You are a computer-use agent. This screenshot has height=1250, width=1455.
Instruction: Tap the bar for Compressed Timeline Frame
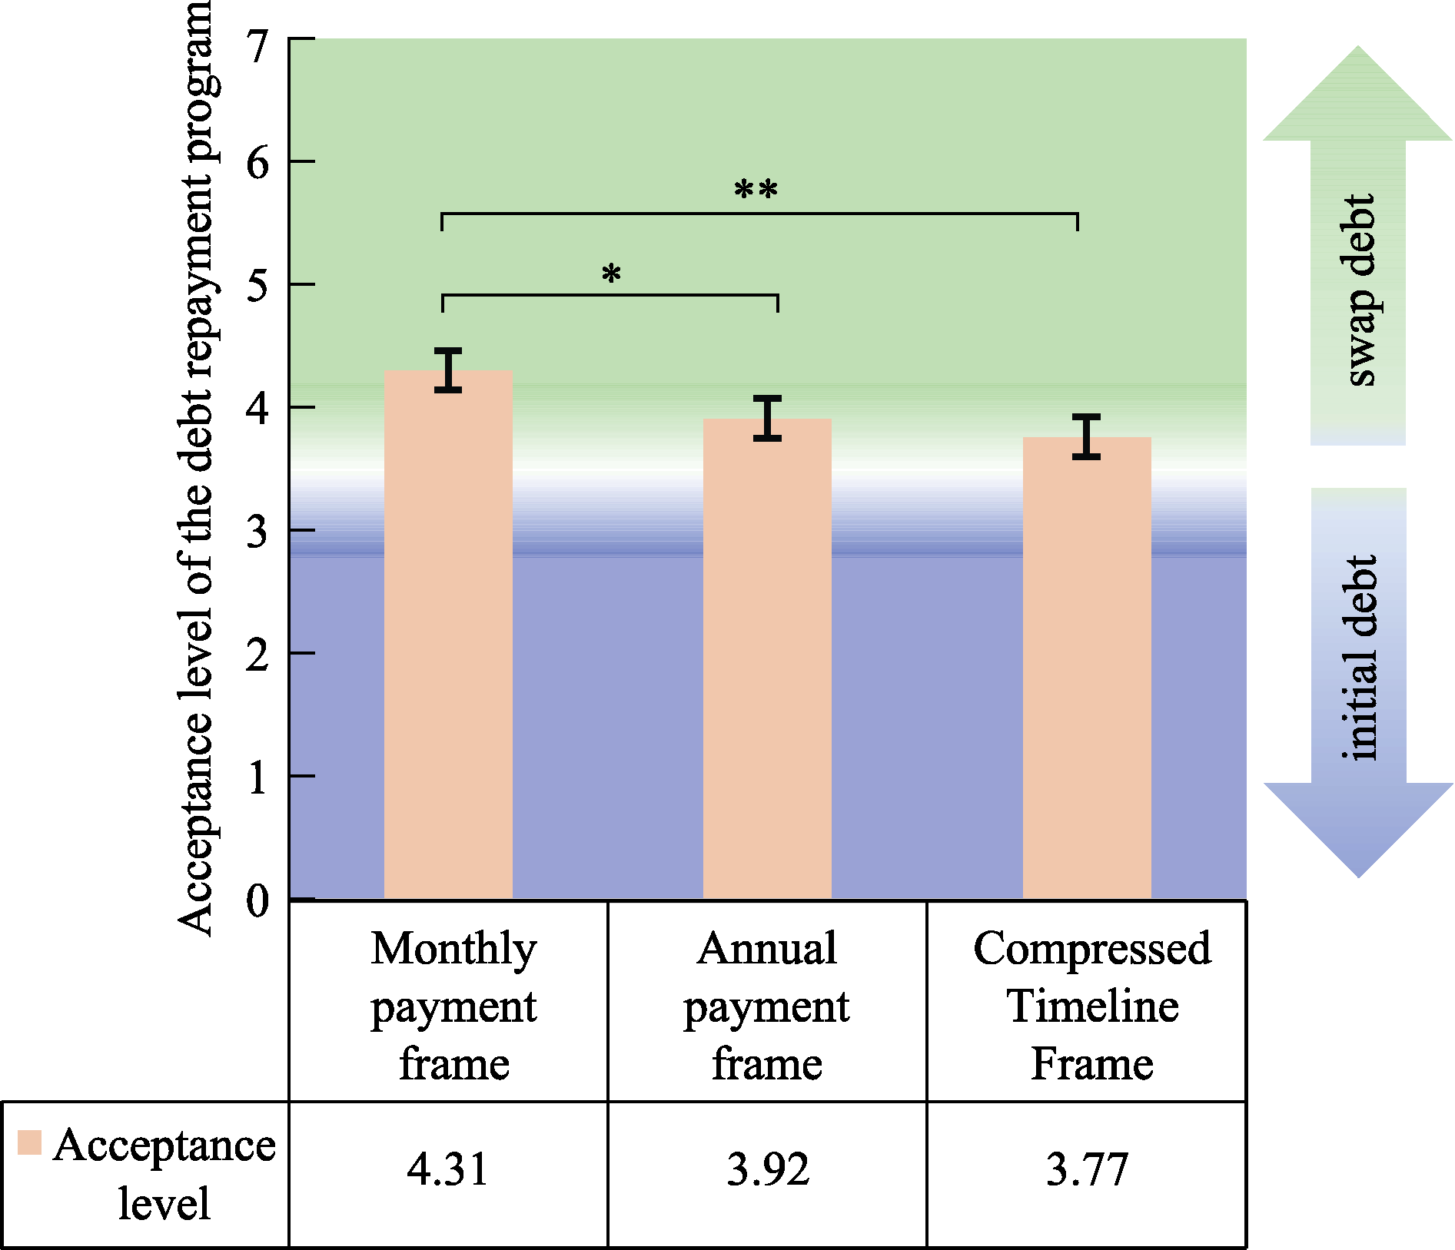pyautogui.click(x=1087, y=668)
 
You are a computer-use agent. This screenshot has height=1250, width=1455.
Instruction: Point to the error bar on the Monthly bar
pyautogui.click(x=448, y=370)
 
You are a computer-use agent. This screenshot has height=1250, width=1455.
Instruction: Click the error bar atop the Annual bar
pyautogui.click(x=767, y=419)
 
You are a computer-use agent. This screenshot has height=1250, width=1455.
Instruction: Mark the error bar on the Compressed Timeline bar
pyautogui.click(x=1087, y=437)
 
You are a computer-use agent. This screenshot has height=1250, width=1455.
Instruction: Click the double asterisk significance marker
pyautogui.click(x=756, y=190)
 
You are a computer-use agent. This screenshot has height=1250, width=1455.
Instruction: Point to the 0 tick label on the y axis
pyautogui.click(x=257, y=900)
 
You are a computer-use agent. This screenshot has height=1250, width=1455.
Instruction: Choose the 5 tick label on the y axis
pyautogui.click(x=257, y=286)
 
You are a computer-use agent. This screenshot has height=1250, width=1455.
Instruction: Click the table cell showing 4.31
pyautogui.click(x=448, y=1170)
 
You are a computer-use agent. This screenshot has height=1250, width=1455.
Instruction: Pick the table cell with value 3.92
pyautogui.click(x=768, y=1170)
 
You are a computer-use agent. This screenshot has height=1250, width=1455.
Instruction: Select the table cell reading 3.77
pyautogui.click(x=1087, y=1170)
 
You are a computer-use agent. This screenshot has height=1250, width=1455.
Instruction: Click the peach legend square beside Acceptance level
pyautogui.click(x=29, y=1142)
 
